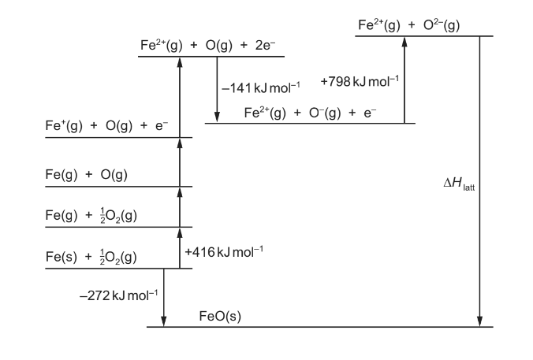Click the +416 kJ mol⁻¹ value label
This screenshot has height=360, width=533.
(x=223, y=252)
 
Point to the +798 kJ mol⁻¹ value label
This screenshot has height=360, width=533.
(x=360, y=80)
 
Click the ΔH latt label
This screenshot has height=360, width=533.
(x=458, y=186)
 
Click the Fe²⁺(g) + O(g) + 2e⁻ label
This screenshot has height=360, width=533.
(x=206, y=46)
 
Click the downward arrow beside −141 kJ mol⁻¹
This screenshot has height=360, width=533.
(x=217, y=90)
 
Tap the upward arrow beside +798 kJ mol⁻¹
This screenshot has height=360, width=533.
(x=404, y=80)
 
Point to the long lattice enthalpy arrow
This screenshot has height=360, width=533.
(x=479, y=181)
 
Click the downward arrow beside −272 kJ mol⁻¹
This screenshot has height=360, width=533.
(x=164, y=298)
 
